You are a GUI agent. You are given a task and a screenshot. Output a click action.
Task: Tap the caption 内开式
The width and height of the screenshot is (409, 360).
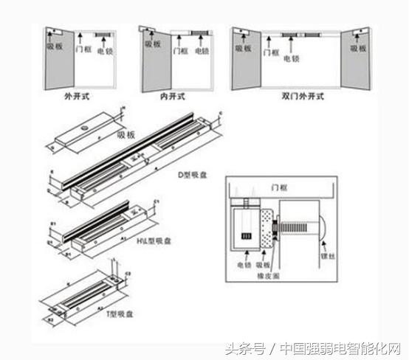point(172,96)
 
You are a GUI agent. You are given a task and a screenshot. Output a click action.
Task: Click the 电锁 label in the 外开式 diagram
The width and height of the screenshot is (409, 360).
point(108,55)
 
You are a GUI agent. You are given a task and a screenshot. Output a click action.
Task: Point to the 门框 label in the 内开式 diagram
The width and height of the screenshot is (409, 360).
point(180,52)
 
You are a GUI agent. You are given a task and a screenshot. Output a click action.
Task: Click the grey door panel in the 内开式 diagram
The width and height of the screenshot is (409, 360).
point(154,63)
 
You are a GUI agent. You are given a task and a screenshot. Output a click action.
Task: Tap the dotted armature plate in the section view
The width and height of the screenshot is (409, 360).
point(266,224)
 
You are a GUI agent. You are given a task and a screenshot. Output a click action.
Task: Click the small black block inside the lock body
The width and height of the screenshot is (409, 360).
point(247,236)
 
